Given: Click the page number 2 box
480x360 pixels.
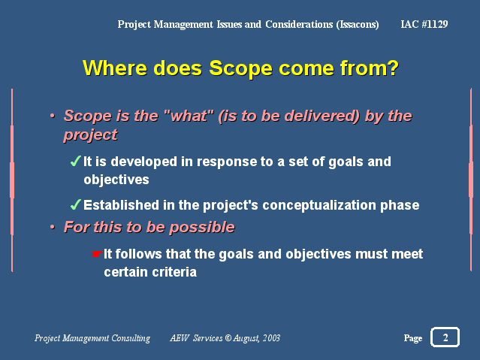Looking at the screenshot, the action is click(445, 337).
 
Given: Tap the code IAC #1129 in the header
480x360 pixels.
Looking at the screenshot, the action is click(424, 24).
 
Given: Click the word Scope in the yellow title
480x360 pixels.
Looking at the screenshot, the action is click(240, 68).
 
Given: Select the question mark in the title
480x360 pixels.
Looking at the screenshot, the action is click(393, 68).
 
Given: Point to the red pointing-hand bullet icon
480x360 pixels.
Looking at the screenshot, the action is click(96, 254).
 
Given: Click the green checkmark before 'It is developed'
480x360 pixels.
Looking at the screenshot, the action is click(76, 161).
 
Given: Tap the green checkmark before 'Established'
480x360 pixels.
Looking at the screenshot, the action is click(76, 204).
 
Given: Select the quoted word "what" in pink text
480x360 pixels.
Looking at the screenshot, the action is click(189, 116).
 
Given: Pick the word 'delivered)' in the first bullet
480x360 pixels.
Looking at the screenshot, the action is click(322, 116).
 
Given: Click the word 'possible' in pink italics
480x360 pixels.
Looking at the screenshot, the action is click(202, 227).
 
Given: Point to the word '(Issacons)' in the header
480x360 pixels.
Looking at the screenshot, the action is click(358, 25).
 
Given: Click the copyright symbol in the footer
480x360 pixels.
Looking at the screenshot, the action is click(228, 338).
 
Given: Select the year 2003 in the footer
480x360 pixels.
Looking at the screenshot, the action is click(271, 338).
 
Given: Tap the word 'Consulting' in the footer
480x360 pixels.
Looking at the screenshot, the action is click(131, 338).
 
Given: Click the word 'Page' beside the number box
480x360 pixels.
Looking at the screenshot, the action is click(413, 338).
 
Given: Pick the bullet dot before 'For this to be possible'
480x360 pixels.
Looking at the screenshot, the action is click(53, 227).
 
